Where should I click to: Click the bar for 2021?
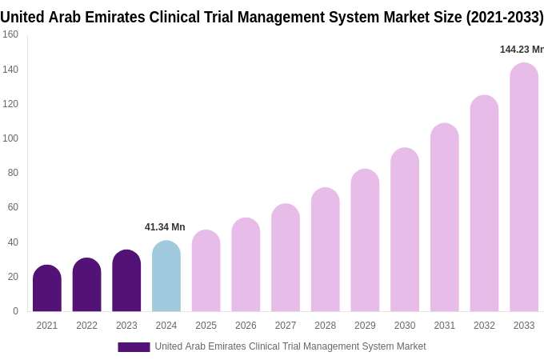pos(47,289)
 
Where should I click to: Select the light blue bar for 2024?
pos(166,277)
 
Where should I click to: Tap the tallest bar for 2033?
pos(524,188)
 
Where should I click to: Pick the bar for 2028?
pos(325,250)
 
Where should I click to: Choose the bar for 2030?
pos(405,230)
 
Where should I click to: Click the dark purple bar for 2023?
pos(126,282)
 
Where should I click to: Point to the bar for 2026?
pos(246,266)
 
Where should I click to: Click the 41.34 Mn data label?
pos(165,227)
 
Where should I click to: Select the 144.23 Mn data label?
pos(521,50)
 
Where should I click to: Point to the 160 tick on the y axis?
pos(10,34)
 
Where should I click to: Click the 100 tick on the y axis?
pos(10,138)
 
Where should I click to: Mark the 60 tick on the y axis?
pos(13,207)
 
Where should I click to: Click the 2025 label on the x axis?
pos(206,326)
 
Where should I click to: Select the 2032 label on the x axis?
pos(484,326)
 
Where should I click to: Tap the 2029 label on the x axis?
pos(365,326)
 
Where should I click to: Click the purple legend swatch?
pos(134,347)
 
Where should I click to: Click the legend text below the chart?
pos(290,346)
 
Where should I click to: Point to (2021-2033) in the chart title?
pos(505,17)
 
